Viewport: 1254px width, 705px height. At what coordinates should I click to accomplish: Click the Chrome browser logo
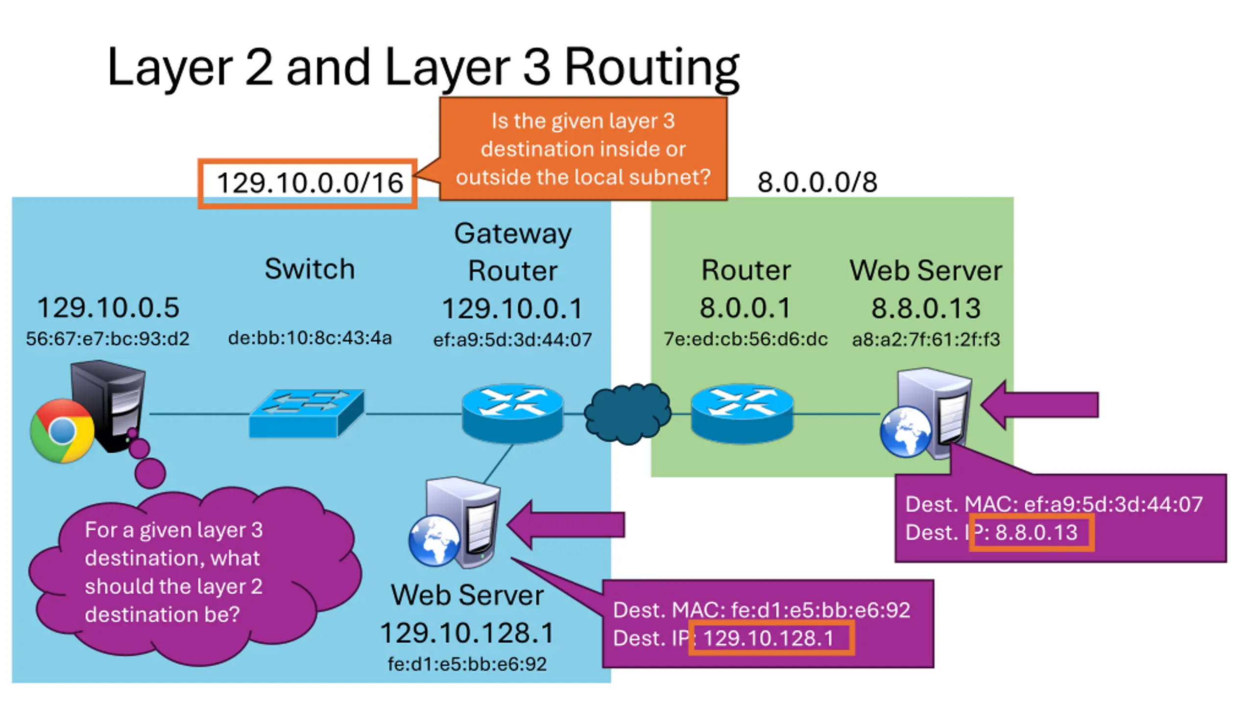(62, 431)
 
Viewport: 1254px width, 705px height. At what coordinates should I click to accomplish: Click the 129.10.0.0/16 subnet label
(310, 183)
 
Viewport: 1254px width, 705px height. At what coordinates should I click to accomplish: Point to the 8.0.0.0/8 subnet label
(817, 182)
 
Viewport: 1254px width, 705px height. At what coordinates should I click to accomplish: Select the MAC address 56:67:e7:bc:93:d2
(107, 339)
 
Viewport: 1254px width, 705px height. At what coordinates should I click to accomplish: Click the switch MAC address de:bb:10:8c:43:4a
(310, 338)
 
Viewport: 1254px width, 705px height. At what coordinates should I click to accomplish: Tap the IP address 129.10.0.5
(108, 307)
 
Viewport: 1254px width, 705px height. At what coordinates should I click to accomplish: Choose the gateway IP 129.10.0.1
(512, 308)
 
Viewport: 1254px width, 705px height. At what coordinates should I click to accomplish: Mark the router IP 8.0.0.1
(745, 308)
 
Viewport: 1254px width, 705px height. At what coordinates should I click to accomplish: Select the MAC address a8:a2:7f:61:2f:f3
(926, 339)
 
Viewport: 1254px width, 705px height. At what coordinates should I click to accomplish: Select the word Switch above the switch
(310, 269)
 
